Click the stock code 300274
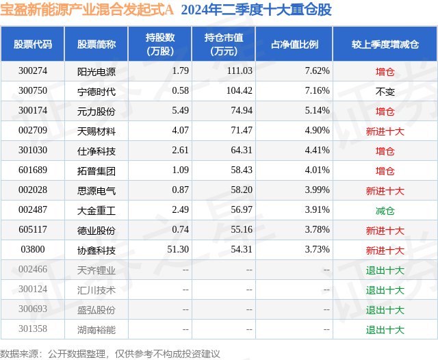tap(33, 71)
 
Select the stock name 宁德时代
tap(96, 91)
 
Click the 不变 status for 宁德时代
tap(385, 91)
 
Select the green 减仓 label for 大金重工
tap(385, 211)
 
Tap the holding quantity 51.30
tap(177, 250)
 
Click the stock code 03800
tap(33, 250)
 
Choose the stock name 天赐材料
tap(96, 131)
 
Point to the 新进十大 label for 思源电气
tap(385, 191)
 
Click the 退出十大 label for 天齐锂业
tap(385, 270)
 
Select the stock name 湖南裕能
tap(96, 330)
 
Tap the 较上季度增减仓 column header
tap(385, 44)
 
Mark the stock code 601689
tap(33, 170)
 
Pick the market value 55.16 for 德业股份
tap(239, 231)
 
